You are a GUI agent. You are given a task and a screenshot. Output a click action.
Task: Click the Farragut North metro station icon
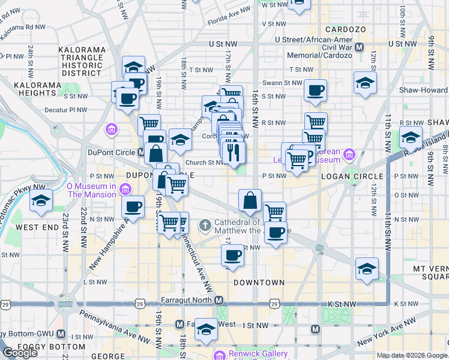pyautogui.click(x=220, y=300)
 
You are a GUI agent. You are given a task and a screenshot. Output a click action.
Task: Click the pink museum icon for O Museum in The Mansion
pyautogui.click(x=125, y=190)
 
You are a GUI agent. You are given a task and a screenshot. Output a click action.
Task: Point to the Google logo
pyautogui.click(x=20, y=352)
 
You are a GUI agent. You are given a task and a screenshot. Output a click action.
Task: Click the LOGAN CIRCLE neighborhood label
pyautogui.click(x=352, y=176)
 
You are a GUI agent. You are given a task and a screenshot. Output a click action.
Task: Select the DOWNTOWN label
pyautogui.click(x=259, y=282)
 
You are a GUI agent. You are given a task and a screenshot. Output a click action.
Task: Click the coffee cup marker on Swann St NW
pyautogui.click(x=315, y=91)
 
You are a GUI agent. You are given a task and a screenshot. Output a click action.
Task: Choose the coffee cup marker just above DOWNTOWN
pyautogui.click(x=232, y=255)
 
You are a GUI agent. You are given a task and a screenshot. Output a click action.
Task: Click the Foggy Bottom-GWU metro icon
pyautogui.click(x=61, y=334)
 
